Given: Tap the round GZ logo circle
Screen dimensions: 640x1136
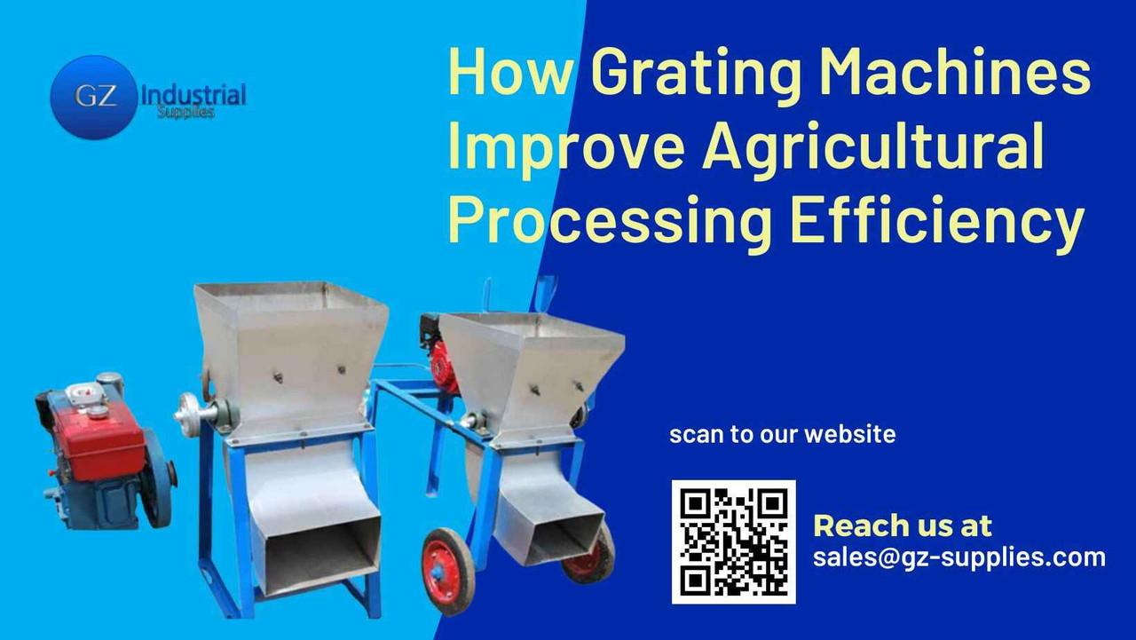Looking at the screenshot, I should (x=94, y=97).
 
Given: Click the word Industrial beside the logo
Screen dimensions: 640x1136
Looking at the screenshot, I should (x=193, y=94).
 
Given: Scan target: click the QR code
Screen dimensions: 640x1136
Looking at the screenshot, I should (x=733, y=541).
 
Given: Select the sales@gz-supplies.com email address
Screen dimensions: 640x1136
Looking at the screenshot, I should (x=959, y=557).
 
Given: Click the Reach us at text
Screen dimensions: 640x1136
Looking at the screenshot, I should (x=903, y=525).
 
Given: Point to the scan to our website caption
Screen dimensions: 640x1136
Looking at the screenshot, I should (x=782, y=435).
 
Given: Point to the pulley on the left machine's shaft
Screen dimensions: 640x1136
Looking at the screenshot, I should (x=192, y=412).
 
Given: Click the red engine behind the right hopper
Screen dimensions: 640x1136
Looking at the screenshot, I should (x=441, y=355).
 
